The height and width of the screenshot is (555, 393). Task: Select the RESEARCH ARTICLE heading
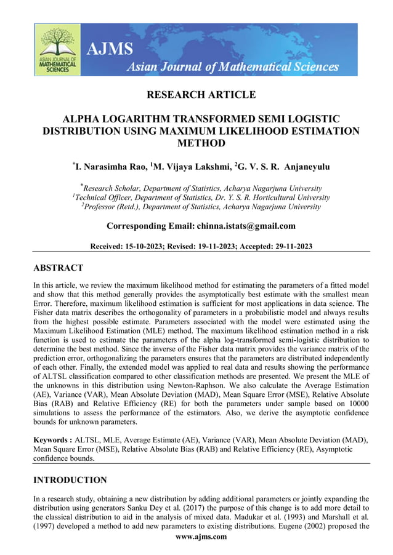201,95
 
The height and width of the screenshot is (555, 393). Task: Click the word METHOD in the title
201,143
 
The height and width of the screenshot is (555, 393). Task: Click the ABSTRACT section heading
58,268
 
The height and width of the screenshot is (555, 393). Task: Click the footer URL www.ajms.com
201,537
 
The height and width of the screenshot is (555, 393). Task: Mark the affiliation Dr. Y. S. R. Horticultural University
265,198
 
